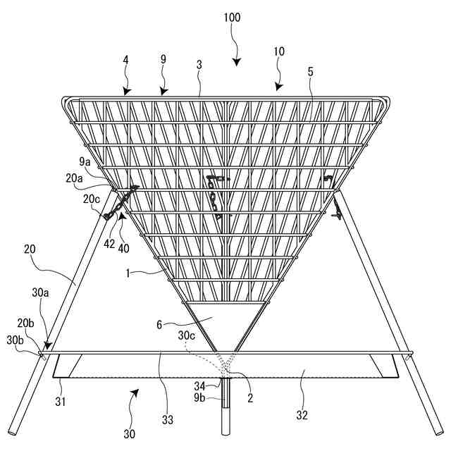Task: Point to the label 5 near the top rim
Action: pos(310,72)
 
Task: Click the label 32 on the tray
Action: pos(303,415)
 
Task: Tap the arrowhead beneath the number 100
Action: pos(237,61)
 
